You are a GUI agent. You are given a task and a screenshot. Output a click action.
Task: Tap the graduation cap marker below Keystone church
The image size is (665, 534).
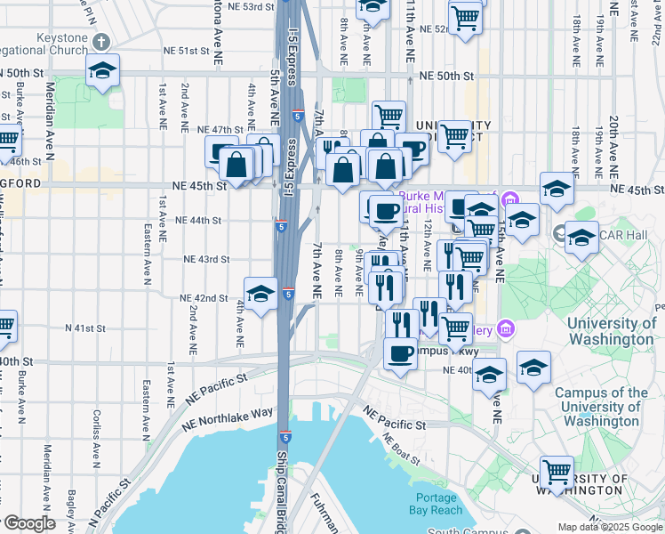point(102,70)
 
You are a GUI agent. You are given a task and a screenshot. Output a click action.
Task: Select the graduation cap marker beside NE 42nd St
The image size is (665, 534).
point(260,293)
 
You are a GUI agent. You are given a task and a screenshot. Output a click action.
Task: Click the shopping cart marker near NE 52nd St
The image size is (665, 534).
point(465,18)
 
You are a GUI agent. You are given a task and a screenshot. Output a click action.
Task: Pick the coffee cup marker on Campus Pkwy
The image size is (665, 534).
point(399,353)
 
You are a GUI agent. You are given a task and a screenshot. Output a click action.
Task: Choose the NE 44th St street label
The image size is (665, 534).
point(198,220)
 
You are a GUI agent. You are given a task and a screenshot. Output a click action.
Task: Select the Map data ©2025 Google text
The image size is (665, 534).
point(609,527)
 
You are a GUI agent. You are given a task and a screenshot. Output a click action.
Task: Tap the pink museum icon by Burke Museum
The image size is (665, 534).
point(509,198)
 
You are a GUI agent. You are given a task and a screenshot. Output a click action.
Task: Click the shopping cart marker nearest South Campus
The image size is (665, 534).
point(557,472)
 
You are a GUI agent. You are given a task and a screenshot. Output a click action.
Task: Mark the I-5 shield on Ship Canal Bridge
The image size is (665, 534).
point(284,437)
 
